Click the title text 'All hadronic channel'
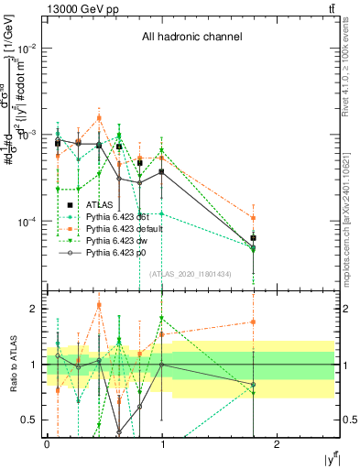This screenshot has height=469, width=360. (191, 38)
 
